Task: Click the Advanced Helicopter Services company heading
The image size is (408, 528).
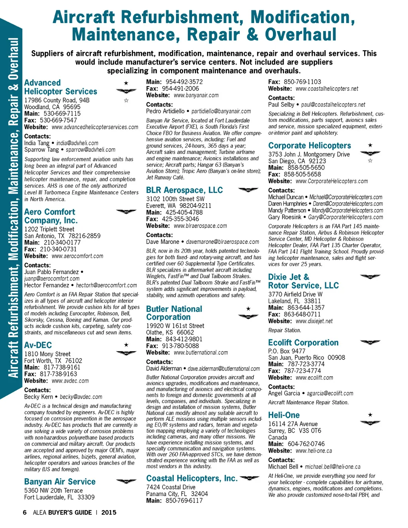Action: [61, 87]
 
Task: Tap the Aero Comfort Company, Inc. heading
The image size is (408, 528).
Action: [51, 216]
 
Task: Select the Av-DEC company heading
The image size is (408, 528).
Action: [38, 345]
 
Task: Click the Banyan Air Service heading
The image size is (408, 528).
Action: [60, 482]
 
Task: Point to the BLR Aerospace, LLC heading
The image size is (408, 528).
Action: [184, 190]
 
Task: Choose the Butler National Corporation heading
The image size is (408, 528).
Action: [174, 313]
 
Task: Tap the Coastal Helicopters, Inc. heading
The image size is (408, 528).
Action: [192, 478]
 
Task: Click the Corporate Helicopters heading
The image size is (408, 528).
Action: [310, 145]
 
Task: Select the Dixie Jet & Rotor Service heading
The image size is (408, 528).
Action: [303, 281]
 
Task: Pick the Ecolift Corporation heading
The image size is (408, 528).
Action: [303, 343]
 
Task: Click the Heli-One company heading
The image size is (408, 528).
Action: [284, 415]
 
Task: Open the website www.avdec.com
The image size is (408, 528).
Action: [70, 381]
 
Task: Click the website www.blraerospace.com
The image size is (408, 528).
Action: [200, 226]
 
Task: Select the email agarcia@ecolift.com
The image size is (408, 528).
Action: [330, 393]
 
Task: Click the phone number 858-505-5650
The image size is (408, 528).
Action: [306, 168]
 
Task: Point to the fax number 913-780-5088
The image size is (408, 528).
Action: [180, 346]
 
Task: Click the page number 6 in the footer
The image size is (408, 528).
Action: [25, 512]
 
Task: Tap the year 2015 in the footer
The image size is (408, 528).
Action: [109, 512]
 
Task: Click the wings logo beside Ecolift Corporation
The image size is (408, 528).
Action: [370, 342]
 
